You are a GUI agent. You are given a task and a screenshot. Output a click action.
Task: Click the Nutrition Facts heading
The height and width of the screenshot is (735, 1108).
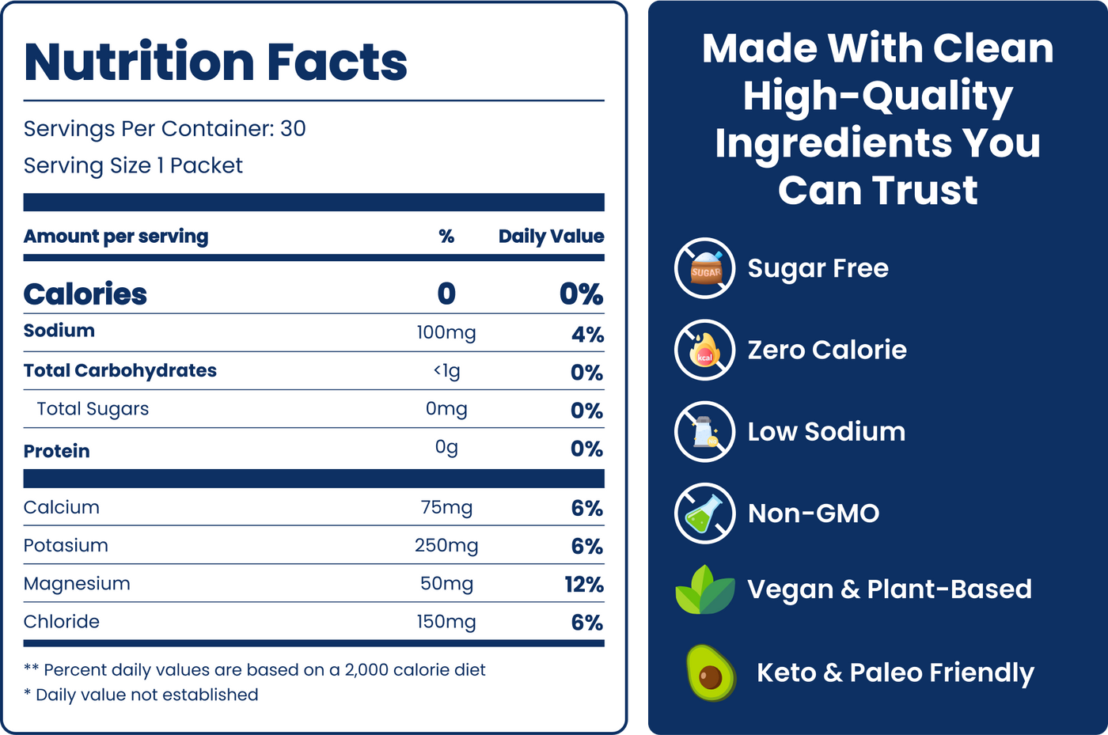[215, 62]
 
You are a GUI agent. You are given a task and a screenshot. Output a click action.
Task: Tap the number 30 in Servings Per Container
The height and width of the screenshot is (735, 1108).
[293, 129]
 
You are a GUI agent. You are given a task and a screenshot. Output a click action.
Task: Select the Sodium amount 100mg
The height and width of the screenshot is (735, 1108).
[446, 333]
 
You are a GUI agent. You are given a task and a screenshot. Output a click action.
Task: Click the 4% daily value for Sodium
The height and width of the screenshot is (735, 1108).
[587, 335]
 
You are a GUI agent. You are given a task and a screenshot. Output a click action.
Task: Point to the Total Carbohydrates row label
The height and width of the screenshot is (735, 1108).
[120, 371]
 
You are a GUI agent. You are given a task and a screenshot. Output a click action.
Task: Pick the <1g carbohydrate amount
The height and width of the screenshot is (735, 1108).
[446, 371]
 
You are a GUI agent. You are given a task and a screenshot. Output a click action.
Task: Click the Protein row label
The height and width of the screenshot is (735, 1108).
[57, 451]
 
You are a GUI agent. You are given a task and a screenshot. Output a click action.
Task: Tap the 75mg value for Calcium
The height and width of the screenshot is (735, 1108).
[446, 508]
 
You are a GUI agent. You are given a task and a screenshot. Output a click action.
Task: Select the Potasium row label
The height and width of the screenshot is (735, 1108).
[66, 546]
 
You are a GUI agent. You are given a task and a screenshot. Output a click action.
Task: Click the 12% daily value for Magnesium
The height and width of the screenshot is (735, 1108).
[584, 585]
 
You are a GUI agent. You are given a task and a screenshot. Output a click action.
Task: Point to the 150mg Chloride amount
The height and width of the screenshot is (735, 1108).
[446, 622]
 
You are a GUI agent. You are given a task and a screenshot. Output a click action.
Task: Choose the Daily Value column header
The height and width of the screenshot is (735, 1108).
[551, 237]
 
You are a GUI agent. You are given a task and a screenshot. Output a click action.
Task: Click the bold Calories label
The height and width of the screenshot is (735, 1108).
[85, 294]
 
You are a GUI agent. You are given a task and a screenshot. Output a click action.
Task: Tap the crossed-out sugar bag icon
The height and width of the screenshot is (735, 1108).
[705, 268]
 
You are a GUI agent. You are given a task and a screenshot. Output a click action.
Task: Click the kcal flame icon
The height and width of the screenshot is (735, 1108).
[705, 350]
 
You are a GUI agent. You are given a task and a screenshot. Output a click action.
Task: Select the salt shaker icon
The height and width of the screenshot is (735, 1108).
[705, 432]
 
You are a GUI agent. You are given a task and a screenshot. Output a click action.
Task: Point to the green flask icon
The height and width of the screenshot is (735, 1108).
[705, 513]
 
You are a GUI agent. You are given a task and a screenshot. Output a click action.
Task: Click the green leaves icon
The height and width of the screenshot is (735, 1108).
[704, 590]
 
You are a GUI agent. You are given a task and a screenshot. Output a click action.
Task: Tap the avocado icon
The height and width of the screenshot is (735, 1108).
[710, 672]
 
